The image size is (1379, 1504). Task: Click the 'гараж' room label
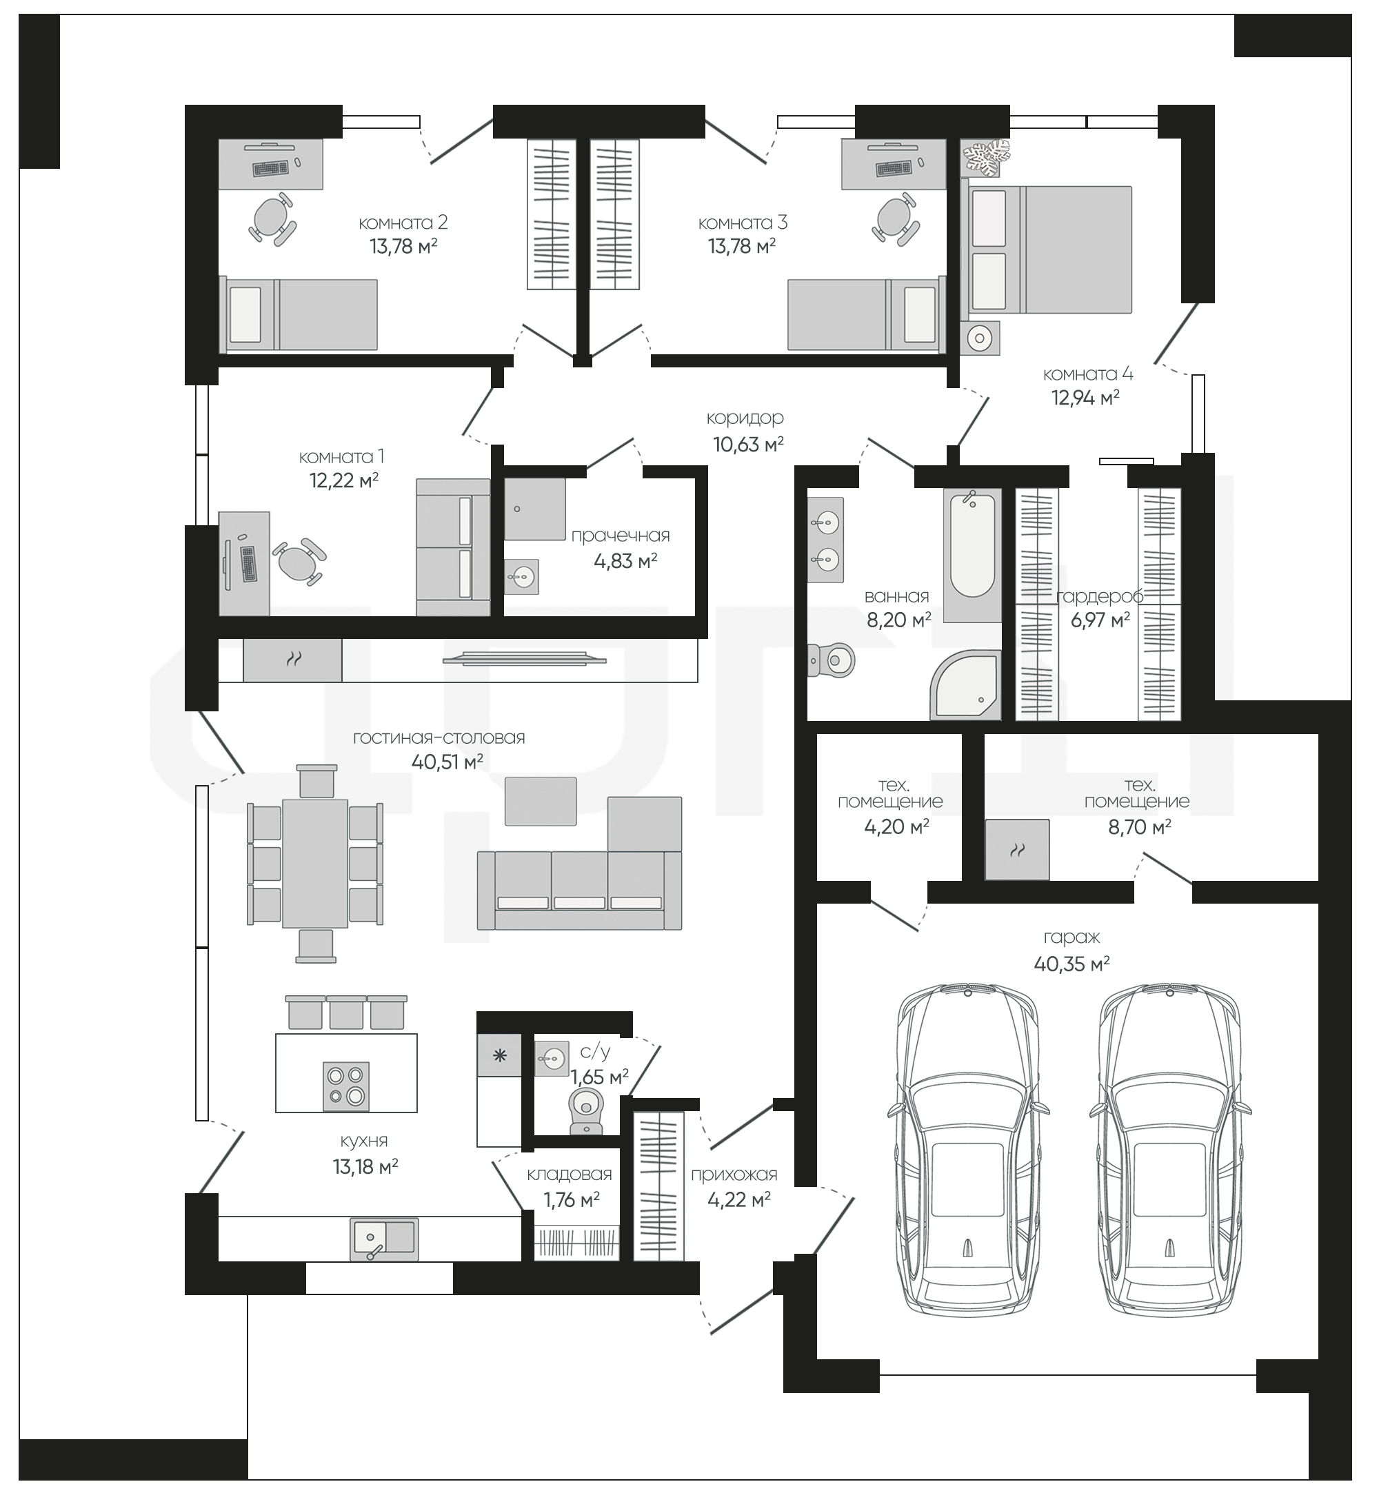(x=1071, y=939)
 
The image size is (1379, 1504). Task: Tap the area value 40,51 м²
(x=447, y=762)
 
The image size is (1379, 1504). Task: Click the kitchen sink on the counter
(x=384, y=1239)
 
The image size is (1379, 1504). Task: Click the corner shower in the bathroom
(x=965, y=685)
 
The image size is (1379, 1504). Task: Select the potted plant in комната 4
(x=987, y=157)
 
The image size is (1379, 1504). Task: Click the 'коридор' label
(x=745, y=418)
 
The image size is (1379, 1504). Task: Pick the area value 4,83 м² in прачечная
(x=625, y=560)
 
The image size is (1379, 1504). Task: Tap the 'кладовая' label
(x=570, y=1175)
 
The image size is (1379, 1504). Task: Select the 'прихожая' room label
(x=734, y=1175)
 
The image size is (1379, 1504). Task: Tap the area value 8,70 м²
(x=1139, y=826)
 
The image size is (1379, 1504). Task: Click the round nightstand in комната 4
(x=979, y=338)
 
